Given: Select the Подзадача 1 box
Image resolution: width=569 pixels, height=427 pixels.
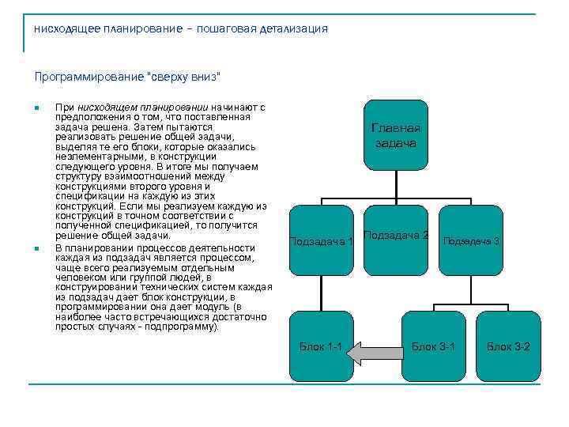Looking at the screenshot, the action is tap(321, 240).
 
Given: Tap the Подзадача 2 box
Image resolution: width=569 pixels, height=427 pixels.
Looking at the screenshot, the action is tap(396, 236).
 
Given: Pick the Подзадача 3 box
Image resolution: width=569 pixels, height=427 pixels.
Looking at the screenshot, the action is tap(471, 240).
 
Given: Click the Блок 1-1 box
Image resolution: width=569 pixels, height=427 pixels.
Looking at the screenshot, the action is tap(321, 346).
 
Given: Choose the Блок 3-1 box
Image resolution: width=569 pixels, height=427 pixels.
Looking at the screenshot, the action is tap(433, 346).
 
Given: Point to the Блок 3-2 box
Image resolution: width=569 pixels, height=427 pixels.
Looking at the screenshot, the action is tap(508, 346).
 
